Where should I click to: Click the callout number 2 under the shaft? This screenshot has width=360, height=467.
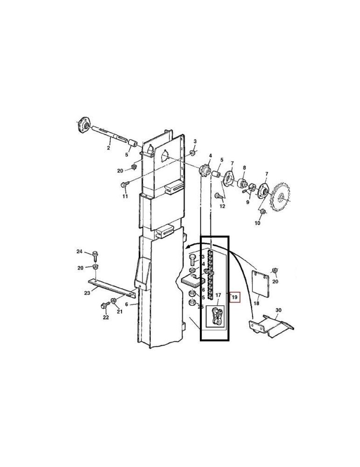coord(108,148)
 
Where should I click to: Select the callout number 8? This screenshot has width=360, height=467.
coord(244,168)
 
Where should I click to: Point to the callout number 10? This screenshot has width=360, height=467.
coord(257,224)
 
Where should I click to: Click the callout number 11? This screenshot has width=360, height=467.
coord(125,197)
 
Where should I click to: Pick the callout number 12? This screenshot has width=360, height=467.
coord(222,206)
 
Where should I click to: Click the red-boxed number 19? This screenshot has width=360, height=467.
coord(235,297)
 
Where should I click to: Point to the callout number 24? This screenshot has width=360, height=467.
coord(79,252)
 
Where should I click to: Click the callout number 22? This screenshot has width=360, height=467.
coord(106,318)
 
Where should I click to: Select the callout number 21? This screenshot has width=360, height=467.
coord(120,311)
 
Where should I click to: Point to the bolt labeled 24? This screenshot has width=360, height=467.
coord(95,255)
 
